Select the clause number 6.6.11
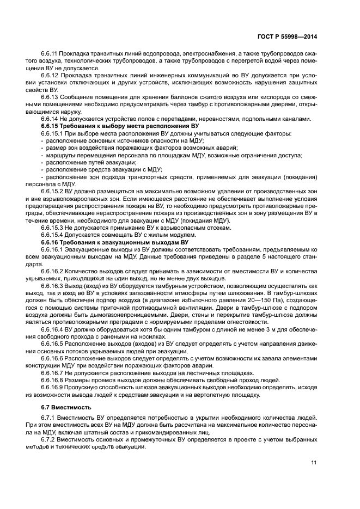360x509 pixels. [50, 54]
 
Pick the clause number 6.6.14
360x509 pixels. [50, 119]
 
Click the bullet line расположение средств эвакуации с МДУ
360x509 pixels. [101, 169]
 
